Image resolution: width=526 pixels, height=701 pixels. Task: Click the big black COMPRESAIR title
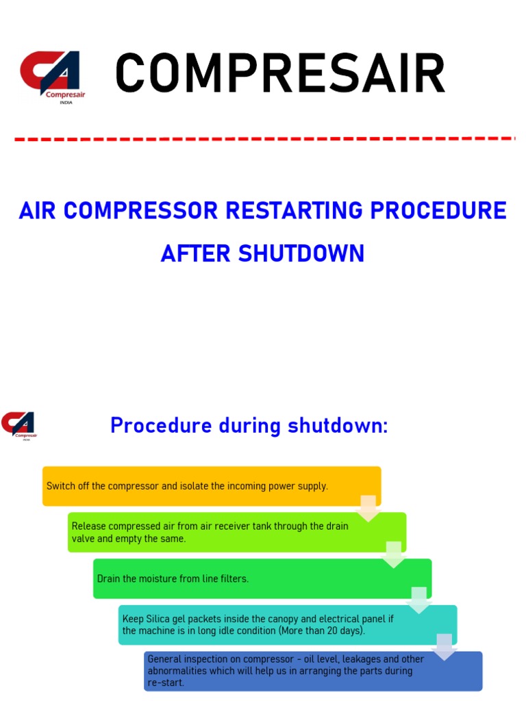pos(279,73)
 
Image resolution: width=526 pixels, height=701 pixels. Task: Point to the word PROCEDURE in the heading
pos(438,211)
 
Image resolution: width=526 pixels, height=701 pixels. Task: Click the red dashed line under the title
pos(264,139)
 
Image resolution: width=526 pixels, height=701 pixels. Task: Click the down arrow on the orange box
pos(368,508)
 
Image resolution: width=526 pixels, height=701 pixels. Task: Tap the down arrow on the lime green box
pos(393,554)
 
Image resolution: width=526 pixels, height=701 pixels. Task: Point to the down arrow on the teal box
pos(444,646)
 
